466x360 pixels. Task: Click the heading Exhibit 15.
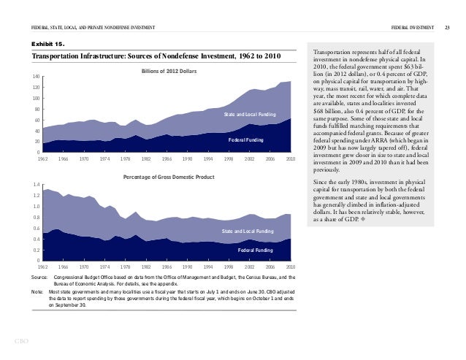tap(47, 44)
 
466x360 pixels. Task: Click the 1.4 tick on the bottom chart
tap(35, 185)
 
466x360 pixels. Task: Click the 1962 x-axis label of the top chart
tap(42, 158)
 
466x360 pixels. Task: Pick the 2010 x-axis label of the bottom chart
tap(290, 266)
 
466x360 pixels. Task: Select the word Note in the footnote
tap(37, 292)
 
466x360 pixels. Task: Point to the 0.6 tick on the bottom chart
tap(35, 228)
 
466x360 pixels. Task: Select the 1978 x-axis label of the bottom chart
tap(125, 266)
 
